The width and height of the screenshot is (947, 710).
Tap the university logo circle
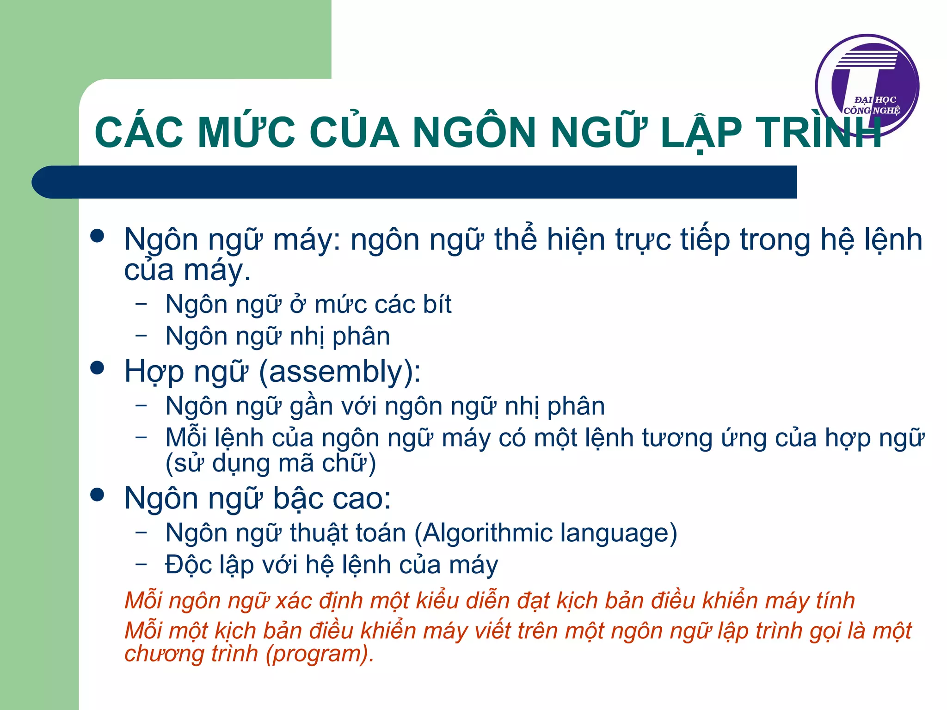(867, 86)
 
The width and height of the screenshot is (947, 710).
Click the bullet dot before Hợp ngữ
(98, 368)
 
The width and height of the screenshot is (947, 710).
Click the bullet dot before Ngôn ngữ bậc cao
(98, 495)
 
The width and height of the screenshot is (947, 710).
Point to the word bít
(434, 305)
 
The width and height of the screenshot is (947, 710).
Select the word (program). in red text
(320, 654)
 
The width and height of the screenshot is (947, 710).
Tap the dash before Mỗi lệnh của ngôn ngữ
(141, 436)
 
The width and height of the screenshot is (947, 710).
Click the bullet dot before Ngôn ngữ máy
(98, 236)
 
